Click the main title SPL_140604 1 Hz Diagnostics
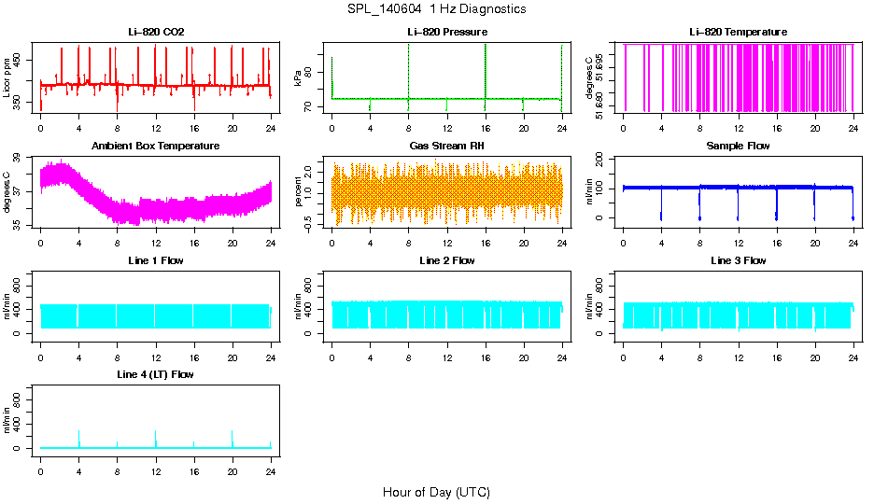436,9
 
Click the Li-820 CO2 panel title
156,33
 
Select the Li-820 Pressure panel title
446,33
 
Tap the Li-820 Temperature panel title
738,33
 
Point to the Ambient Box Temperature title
156,147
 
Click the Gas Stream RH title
446,147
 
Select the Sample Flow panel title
738,147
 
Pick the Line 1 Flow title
156,260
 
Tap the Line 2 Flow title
446,260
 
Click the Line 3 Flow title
738,260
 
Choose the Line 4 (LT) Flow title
156,374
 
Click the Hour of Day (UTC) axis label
436,492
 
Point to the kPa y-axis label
298,77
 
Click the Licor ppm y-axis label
7,77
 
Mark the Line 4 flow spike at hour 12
156,437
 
